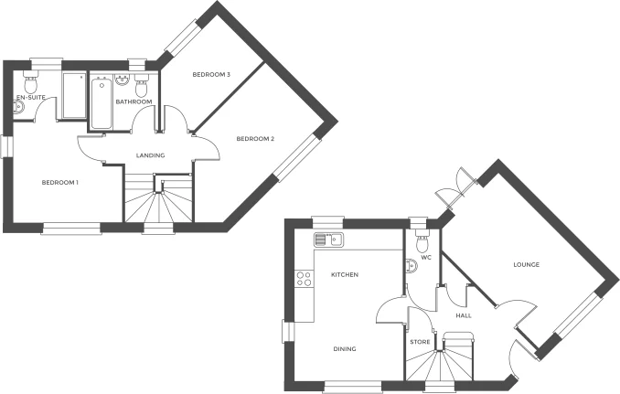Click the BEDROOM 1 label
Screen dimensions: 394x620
coord(60,183)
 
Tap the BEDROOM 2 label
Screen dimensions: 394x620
coord(255,139)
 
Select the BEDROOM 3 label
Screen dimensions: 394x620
coord(210,74)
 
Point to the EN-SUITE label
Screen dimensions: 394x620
coord(31,98)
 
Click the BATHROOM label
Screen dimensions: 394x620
coord(134,102)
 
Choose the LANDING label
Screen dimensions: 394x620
coord(150,155)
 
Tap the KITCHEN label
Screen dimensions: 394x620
coord(344,274)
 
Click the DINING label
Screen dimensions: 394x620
coord(344,348)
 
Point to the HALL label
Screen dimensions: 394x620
coord(463,315)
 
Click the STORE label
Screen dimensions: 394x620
coord(420,342)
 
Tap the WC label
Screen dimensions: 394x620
coord(426,258)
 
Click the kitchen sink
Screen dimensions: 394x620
coord(326,240)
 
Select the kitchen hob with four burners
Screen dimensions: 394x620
coord(304,278)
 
